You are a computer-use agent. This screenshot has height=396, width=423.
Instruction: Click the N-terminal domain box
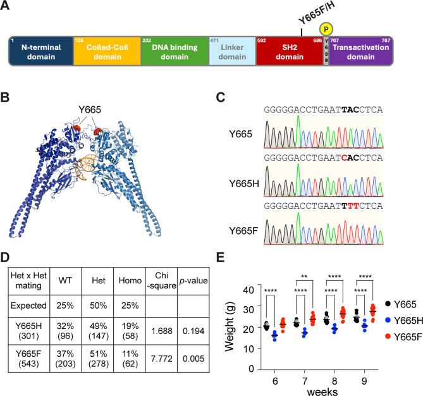[40, 51]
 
